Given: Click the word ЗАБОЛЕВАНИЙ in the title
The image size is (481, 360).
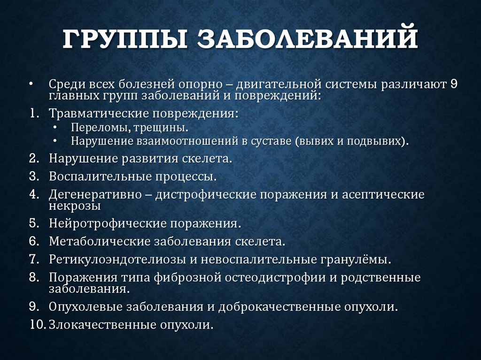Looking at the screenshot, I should tap(307, 39).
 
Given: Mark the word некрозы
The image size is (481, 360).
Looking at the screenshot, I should tap(75, 206).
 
